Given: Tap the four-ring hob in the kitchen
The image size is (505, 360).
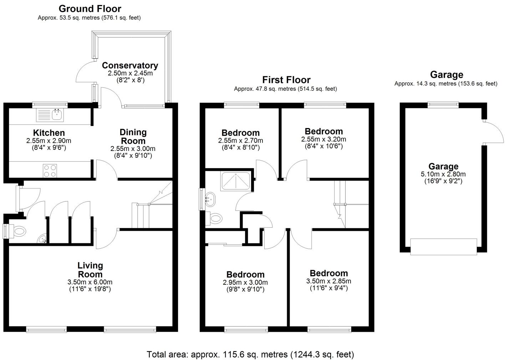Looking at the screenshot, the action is (50, 170).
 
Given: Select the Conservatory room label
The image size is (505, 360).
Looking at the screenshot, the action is (130, 66).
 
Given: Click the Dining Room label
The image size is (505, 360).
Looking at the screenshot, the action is (133, 136).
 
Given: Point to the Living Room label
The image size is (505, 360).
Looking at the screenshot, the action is (90, 270).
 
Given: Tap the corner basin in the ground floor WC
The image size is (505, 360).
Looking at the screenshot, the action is (42, 238).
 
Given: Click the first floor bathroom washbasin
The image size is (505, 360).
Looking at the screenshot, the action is (211, 199).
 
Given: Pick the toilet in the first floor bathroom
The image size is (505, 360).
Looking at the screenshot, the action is (215, 218).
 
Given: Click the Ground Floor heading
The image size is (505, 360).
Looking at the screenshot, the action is (90, 9).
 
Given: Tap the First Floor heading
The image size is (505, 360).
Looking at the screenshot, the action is (286, 80).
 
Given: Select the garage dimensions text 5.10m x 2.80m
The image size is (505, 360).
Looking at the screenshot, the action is (443, 174).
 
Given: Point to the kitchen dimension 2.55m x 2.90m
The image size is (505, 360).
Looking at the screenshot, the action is (49, 141).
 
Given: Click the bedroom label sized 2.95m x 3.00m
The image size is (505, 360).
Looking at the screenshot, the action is (246, 274).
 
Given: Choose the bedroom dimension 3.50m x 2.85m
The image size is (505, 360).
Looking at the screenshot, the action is (328, 281).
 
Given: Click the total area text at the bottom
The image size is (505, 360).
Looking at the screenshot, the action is (250, 354).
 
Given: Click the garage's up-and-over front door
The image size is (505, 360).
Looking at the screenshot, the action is (444, 247).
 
